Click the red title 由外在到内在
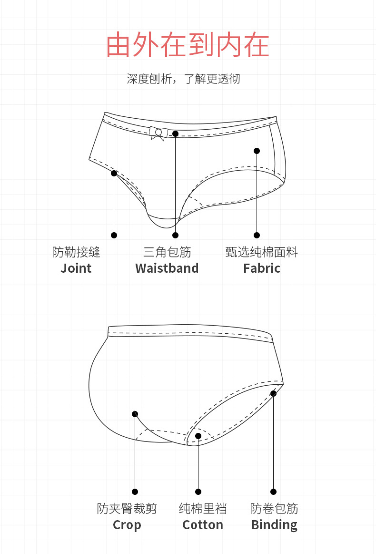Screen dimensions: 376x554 tap(188, 45)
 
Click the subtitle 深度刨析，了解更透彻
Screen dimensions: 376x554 tap(183, 79)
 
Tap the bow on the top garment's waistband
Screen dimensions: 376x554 tap(158, 133)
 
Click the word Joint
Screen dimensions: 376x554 tap(76, 268)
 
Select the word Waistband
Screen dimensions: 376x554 tap(167, 268)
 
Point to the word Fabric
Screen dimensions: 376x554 tap(261, 268)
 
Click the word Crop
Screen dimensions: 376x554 tap(127, 525)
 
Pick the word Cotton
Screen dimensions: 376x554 tap(202, 525)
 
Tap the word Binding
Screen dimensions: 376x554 tap(274, 525)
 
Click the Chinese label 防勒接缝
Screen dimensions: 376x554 tap(76, 252)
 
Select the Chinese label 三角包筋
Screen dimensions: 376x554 tap(167, 252)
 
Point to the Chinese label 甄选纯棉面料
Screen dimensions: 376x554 tap(261, 252)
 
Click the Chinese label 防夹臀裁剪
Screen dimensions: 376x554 tap(127, 509)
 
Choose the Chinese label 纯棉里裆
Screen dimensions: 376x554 tap(202, 509)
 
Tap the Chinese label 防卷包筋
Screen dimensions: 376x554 tap(274, 509)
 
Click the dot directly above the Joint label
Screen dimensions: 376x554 tap(114, 235)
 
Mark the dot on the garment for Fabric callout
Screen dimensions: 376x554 tap(257, 151)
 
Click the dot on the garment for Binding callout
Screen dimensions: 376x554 tap(273, 393)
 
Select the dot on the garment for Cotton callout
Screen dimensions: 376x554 tap(198, 436)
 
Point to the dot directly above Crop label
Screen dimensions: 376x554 tap(135, 492)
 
